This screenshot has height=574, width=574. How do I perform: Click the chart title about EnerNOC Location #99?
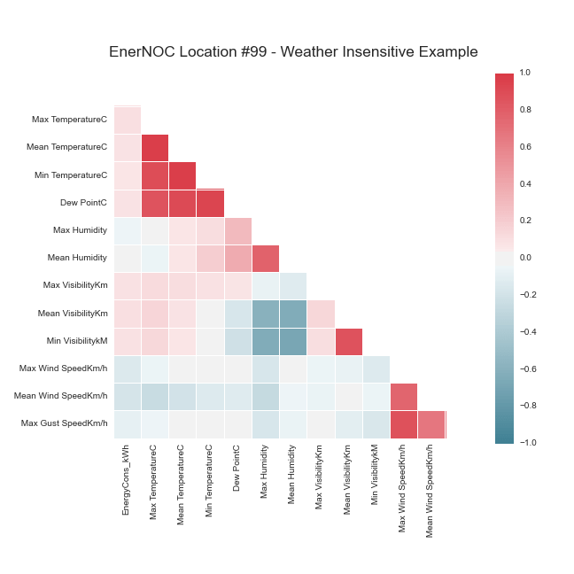click(x=293, y=51)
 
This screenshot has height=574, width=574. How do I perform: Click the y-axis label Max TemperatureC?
click(x=69, y=119)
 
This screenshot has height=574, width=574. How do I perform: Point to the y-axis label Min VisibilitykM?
click(x=73, y=340)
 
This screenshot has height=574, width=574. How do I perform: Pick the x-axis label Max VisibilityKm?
click(x=321, y=483)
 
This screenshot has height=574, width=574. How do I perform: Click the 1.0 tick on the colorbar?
click(x=524, y=73)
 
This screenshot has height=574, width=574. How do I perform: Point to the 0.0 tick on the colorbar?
click(x=524, y=257)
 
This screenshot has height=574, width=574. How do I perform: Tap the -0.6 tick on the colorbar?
click(x=525, y=368)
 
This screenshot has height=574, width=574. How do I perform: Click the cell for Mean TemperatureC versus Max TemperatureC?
click(x=154, y=147)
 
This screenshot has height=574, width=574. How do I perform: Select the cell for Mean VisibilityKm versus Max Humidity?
click(x=265, y=313)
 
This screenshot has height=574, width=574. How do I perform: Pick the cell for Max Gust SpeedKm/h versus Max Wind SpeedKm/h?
click(x=404, y=424)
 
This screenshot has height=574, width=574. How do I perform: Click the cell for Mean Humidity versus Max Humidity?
click(x=265, y=258)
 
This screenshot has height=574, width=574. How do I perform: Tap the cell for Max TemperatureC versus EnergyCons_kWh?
click(x=127, y=120)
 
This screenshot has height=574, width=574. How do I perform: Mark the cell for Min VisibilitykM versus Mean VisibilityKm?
click(x=348, y=341)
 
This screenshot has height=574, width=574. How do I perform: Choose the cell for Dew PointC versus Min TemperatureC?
click(x=210, y=203)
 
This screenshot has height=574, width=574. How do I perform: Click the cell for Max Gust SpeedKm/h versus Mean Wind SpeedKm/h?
click(x=431, y=424)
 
